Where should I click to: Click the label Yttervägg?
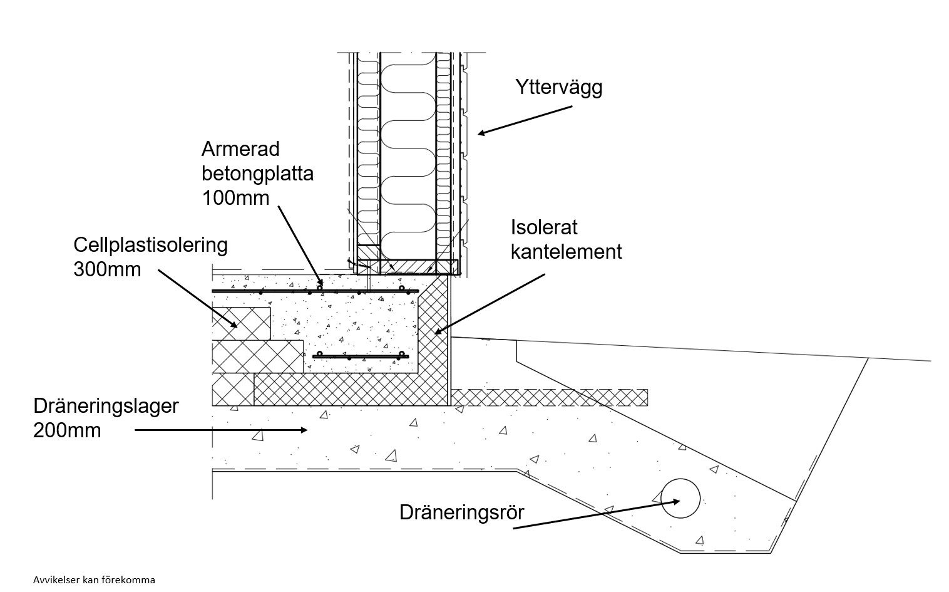click(558, 88)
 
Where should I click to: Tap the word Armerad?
click(240, 149)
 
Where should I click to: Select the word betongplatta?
click(257, 174)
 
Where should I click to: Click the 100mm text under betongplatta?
click(235, 198)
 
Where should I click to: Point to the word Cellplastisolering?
click(150, 246)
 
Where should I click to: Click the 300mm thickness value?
click(107, 269)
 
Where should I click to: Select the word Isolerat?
click(544, 227)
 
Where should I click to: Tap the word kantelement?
click(566, 251)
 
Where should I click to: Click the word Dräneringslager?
click(106, 407)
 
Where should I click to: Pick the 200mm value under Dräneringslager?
click(67, 431)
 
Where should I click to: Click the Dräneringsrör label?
click(462, 512)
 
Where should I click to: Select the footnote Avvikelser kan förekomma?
click(94, 579)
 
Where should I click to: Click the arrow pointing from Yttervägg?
click(525, 121)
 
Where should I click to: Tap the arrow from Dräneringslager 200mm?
click(221, 430)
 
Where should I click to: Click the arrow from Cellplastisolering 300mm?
click(198, 299)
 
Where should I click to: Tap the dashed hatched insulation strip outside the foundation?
click(550, 398)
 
